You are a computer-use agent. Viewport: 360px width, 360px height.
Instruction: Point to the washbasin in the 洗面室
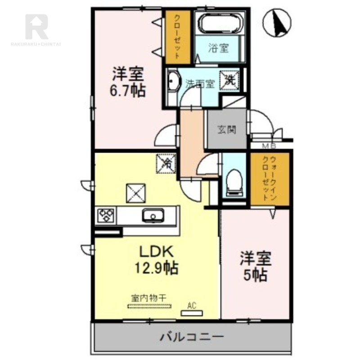pos(172,83)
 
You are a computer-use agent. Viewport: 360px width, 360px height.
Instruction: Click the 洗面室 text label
pos(199,84)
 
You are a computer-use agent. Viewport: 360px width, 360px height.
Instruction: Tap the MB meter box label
pos(269,145)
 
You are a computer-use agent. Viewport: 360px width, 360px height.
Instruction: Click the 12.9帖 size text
pos(157,269)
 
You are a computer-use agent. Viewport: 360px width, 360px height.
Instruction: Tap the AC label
pos(192,306)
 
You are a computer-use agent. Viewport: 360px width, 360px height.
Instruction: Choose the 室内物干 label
pos(149,298)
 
